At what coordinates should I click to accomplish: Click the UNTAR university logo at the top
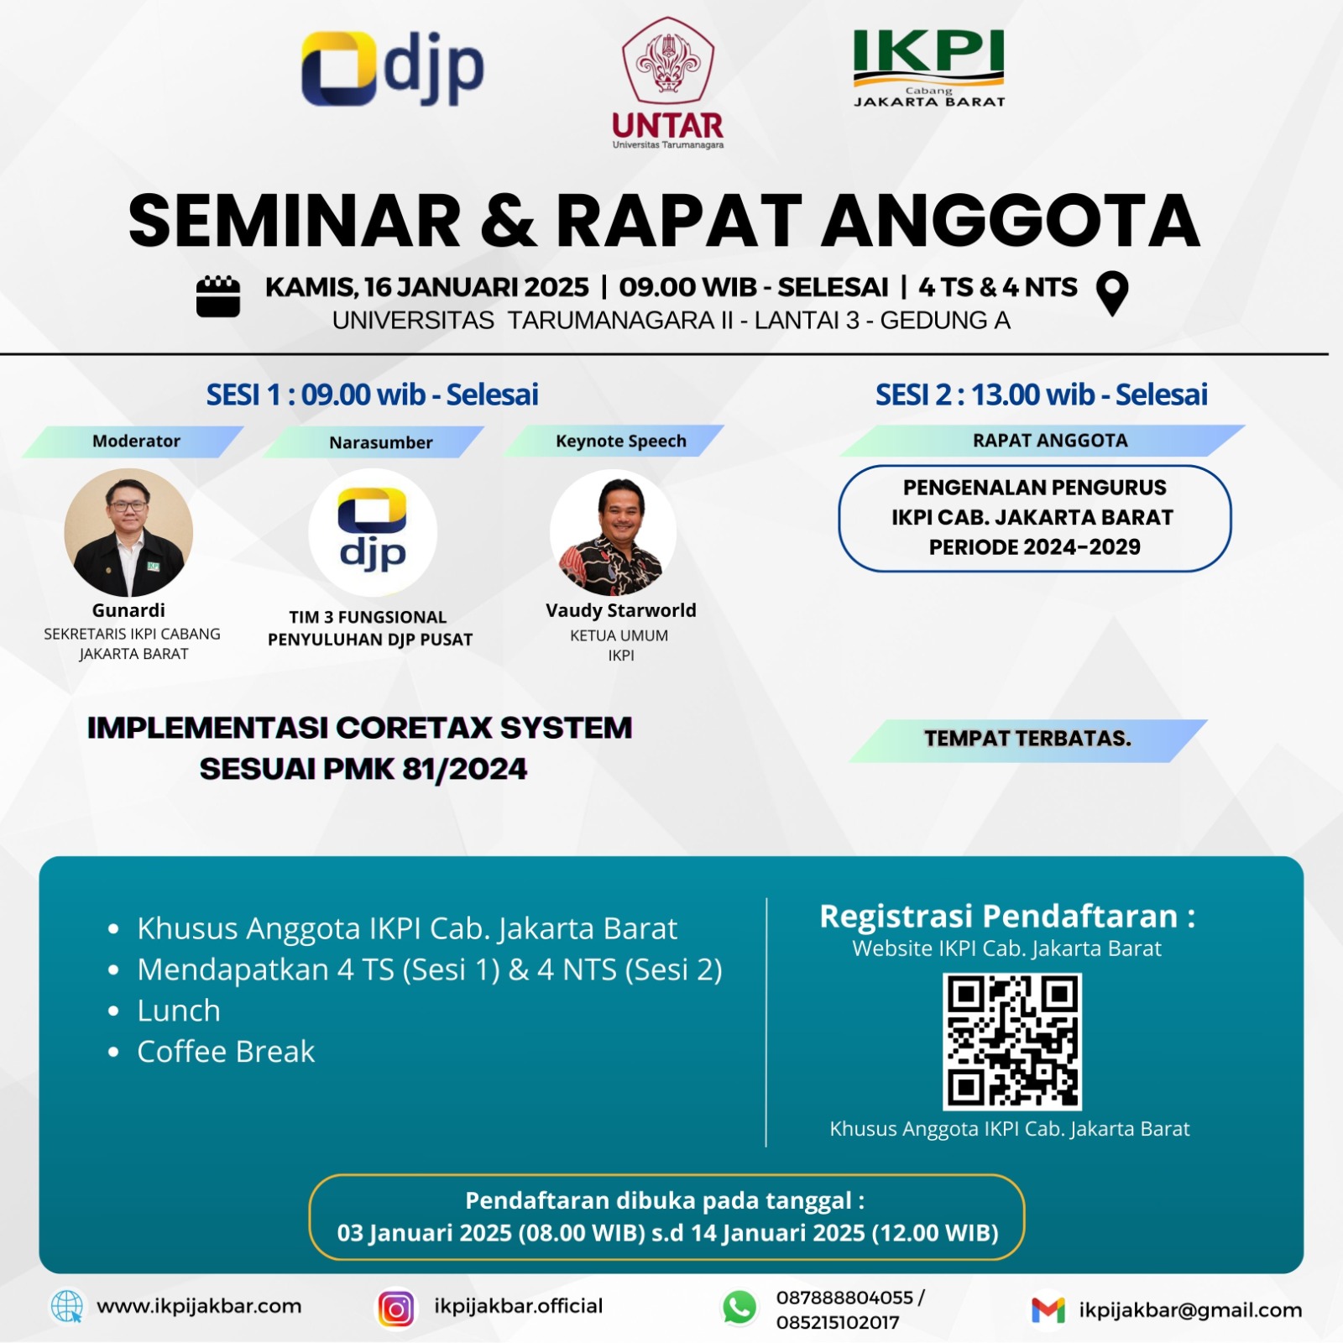tap(668, 83)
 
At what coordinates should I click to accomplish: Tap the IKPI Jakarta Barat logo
tap(929, 69)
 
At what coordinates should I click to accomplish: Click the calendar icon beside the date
tap(218, 296)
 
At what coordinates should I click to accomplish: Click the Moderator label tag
tap(133, 442)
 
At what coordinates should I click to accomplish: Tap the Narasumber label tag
tap(374, 442)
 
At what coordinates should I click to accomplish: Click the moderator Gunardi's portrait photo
tap(128, 532)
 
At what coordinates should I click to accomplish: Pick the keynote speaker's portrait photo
tap(614, 532)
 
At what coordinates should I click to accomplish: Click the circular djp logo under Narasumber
tap(373, 532)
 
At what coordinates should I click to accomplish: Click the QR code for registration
tap(1012, 1042)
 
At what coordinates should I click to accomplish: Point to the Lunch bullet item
tap(164, 1011)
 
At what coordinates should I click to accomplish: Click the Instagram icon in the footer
tap(396, 1309)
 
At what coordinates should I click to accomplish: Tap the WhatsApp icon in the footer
tap(739, 1309)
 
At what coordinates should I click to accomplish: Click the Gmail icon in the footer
tap(1048, 1310)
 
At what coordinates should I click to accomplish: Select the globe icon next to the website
tap(67, 1307)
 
